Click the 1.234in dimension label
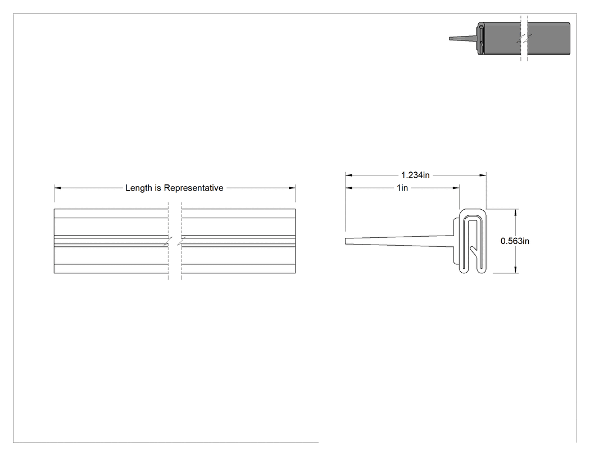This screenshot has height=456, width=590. point(415,175)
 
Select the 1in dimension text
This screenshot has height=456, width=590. point(402,188)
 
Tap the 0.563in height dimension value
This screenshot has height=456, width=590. point(515,241)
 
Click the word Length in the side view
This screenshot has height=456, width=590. point(138,188)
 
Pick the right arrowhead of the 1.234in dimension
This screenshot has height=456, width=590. point(483,175)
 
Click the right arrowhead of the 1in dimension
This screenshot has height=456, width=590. point(456,188)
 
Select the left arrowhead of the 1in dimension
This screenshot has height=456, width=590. point(349,188)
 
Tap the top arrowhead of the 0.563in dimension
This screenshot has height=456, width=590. point(515,212)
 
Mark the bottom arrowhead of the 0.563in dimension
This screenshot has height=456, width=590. point(515,270)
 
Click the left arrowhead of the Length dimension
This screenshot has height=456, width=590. point(57,188)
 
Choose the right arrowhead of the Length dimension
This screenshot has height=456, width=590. point(292,188)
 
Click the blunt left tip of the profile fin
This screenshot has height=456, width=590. point(346,241)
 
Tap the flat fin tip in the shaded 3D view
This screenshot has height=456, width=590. point(451,38)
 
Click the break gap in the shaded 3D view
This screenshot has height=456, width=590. point(524,38)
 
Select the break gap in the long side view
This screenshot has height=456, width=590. point(175,241)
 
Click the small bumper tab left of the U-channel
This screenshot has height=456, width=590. point(457,241)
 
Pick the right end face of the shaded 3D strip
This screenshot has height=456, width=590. point(569,38)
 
